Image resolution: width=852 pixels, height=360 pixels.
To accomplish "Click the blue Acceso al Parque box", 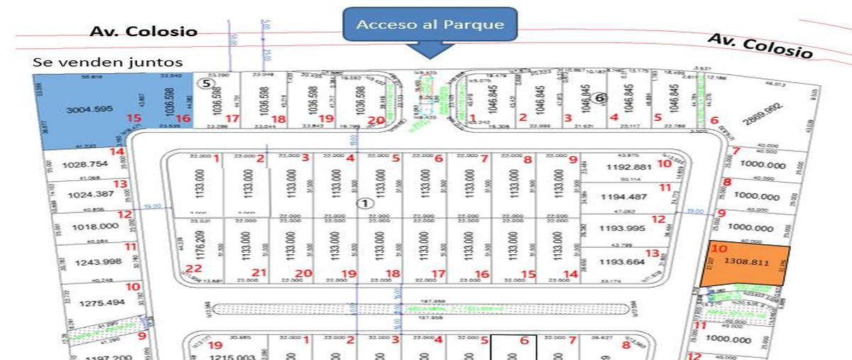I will pos(430,24).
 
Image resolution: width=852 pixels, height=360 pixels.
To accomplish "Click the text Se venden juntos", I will pos(107,62).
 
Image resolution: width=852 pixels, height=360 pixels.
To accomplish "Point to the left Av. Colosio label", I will pos(143,32).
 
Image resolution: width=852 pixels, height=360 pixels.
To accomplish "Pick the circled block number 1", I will pos(365,203).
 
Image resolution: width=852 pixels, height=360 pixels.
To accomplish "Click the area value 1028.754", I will pos(84,165).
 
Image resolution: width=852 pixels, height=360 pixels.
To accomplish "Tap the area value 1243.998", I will pos(92,263).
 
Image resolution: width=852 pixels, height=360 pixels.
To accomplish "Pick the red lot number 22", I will pos(194,268).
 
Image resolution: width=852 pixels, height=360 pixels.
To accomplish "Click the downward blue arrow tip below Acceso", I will pos(430,57).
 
